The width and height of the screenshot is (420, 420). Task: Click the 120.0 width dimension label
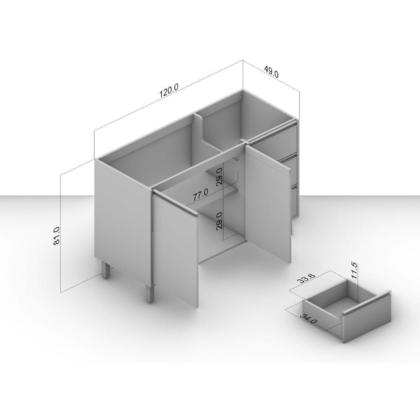[x=169, y=90]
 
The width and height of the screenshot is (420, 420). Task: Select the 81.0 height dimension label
[x=57, y=236]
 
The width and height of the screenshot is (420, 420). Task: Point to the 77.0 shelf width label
[x=200, y=195]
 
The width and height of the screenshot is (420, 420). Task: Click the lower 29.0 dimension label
[x=219, y=220]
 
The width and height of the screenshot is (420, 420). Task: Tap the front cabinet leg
[x=150, y=294]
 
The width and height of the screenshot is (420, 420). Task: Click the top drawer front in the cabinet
[x=276, y=139]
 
